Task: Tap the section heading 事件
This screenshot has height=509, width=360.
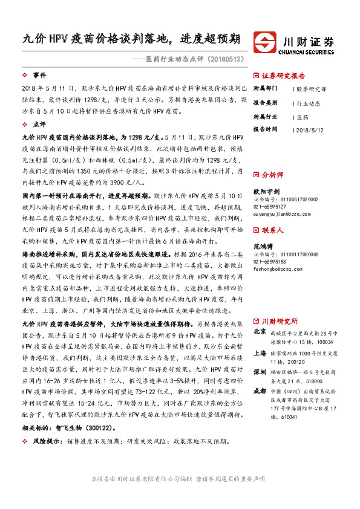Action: point(39,75)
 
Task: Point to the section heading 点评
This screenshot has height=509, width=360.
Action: point(39,123)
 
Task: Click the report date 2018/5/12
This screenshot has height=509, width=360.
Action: point(313,129)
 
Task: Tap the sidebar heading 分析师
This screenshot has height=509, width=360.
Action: point(272,174)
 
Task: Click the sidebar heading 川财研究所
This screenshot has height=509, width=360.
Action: point(280,321)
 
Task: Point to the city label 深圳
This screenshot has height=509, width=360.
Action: point(260,371)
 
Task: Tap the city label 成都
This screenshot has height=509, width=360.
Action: point(260,391)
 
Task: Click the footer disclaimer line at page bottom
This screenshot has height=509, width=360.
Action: point(180,478)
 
